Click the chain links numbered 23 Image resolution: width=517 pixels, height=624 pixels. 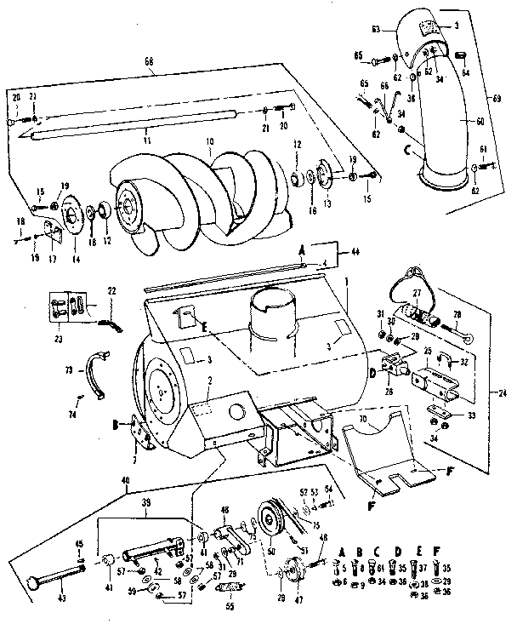click(66, 306)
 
